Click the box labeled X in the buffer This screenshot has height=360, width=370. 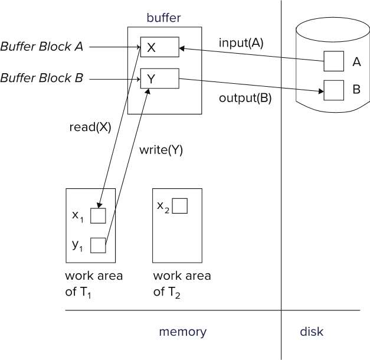159,48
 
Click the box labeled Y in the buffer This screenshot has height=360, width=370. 159,78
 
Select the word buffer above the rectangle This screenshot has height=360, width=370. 163,18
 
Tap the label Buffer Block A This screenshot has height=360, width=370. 41,47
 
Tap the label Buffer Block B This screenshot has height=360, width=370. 41,77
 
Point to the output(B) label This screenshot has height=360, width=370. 245,98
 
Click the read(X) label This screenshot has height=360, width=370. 90,126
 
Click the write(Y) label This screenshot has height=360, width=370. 161,150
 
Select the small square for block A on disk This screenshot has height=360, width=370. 333,61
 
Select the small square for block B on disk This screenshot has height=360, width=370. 333,90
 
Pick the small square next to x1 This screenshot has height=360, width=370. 98,216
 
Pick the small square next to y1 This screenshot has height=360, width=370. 98,245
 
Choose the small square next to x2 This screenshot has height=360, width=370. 179,206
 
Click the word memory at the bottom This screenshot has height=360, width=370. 182,332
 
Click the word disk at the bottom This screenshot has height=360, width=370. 312,332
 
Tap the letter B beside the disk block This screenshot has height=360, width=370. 356,90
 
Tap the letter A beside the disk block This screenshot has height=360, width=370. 356,61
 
